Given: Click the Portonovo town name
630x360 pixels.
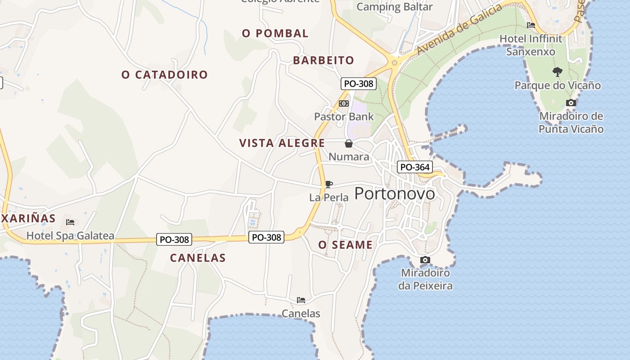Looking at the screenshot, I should [x=395, y=193].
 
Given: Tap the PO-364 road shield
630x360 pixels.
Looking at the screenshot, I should [x=415, y=167].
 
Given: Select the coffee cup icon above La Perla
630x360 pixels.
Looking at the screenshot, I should [x=329, y=184].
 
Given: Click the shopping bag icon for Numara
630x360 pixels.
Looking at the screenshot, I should [x=348, y=144].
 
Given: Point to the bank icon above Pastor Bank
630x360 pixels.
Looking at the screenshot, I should [x=344, y=103].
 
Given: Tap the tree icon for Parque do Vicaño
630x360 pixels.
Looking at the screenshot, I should [x=558, y=72].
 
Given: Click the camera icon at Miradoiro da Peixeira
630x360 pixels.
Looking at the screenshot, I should [x=425, y=260].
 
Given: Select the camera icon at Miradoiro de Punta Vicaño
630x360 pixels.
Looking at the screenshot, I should [x=571, y=103].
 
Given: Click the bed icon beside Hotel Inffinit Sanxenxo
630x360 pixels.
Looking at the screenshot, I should [x=531, y=25].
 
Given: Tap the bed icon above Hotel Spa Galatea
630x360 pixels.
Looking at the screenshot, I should [x=70, y=222].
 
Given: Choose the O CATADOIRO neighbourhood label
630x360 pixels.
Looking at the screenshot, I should [x=165, y=75].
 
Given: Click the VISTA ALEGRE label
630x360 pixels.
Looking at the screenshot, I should [x=282, y=143].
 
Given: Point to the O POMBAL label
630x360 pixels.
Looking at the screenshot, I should [x=275, y=33].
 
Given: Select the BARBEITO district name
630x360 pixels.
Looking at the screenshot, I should [x=324, y=60].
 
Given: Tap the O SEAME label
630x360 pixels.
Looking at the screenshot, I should [x=346, y=245].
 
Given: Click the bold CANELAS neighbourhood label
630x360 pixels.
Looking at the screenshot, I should [x=198, y=258].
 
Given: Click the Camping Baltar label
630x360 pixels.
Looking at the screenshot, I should [x=394, y=7].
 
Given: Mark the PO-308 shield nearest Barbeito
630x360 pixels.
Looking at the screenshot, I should [x=358, y=84].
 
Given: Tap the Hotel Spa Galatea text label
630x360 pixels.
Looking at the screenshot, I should [x=70, y=235].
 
